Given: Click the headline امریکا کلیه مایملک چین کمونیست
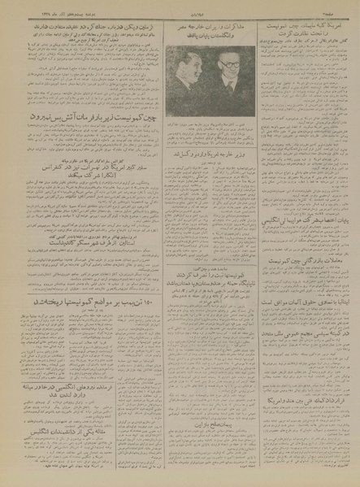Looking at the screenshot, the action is (305, 26).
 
